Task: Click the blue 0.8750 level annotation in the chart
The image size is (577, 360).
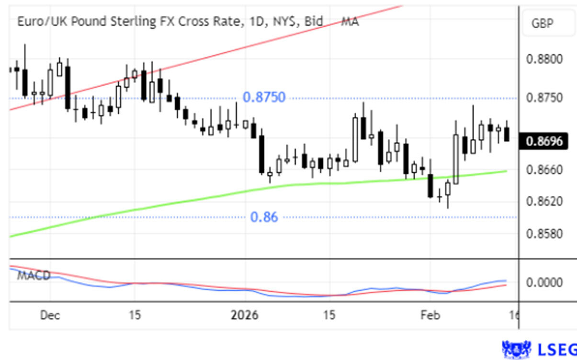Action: click(x=264, y=98)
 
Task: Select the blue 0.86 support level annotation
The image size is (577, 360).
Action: click(x=264, y=217)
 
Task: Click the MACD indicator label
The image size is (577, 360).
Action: click(x=34, y=276)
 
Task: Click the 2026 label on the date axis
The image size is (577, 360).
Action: click(x=244, y=316)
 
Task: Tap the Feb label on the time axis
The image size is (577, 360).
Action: click(x=430, y=316)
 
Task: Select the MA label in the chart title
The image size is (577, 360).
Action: click(x=350, y=22)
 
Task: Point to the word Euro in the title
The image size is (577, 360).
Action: click(x=28, y=22)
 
